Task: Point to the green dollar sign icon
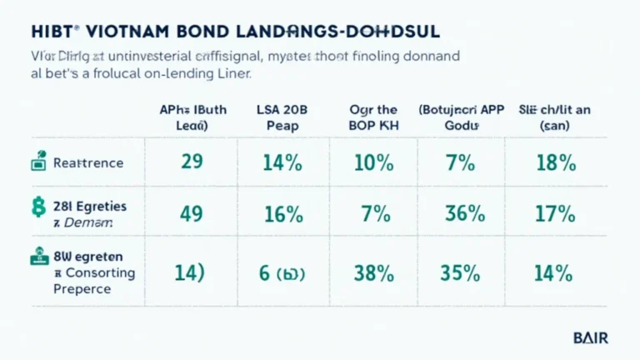pos(38,206)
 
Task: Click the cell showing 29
pos(192,162)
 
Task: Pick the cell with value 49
pos(192,214)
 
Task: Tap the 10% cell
pos(372,162)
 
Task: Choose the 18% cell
pos(556,162)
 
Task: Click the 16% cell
pos(282,214)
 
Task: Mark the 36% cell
pos(465,214)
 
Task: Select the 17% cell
pos(555,214)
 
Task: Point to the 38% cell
pos(372,272)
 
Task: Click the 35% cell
pos(465,272)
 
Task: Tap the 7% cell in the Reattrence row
pos(460,162)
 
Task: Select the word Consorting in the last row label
pos(93,273)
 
